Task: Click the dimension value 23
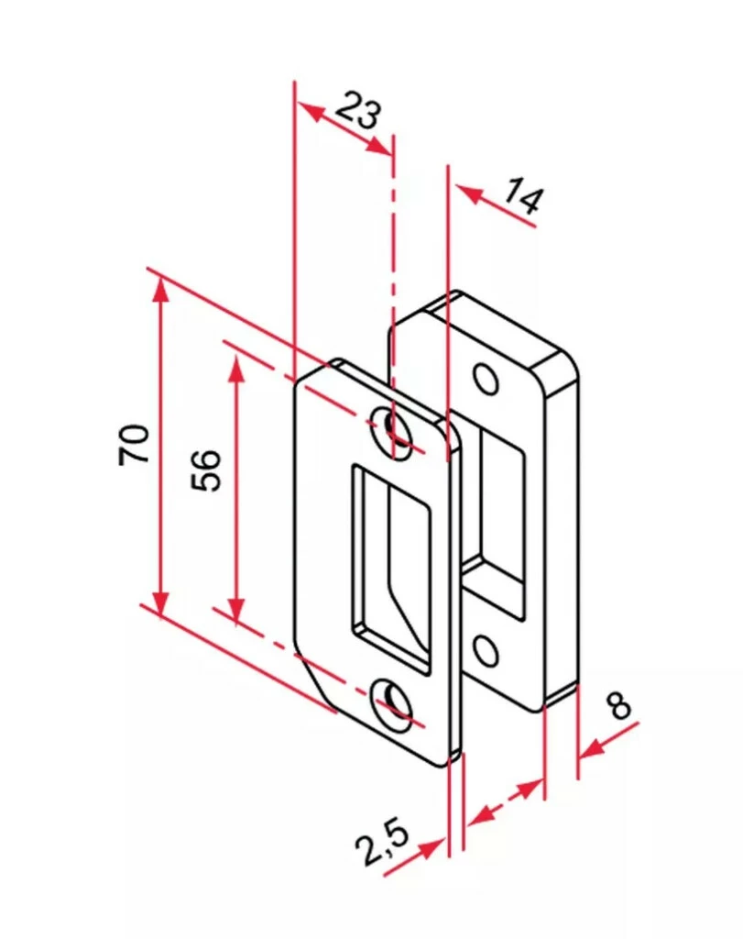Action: [x=357, y=110]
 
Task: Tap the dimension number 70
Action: [x=135, y=444]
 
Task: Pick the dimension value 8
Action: [x=619, y=706]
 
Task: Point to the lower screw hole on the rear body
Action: [x=486, y=650]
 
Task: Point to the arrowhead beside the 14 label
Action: [x=467, y=193]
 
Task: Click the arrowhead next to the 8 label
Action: [x=592, y=749]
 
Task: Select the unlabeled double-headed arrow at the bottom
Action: [x=504, y=801]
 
